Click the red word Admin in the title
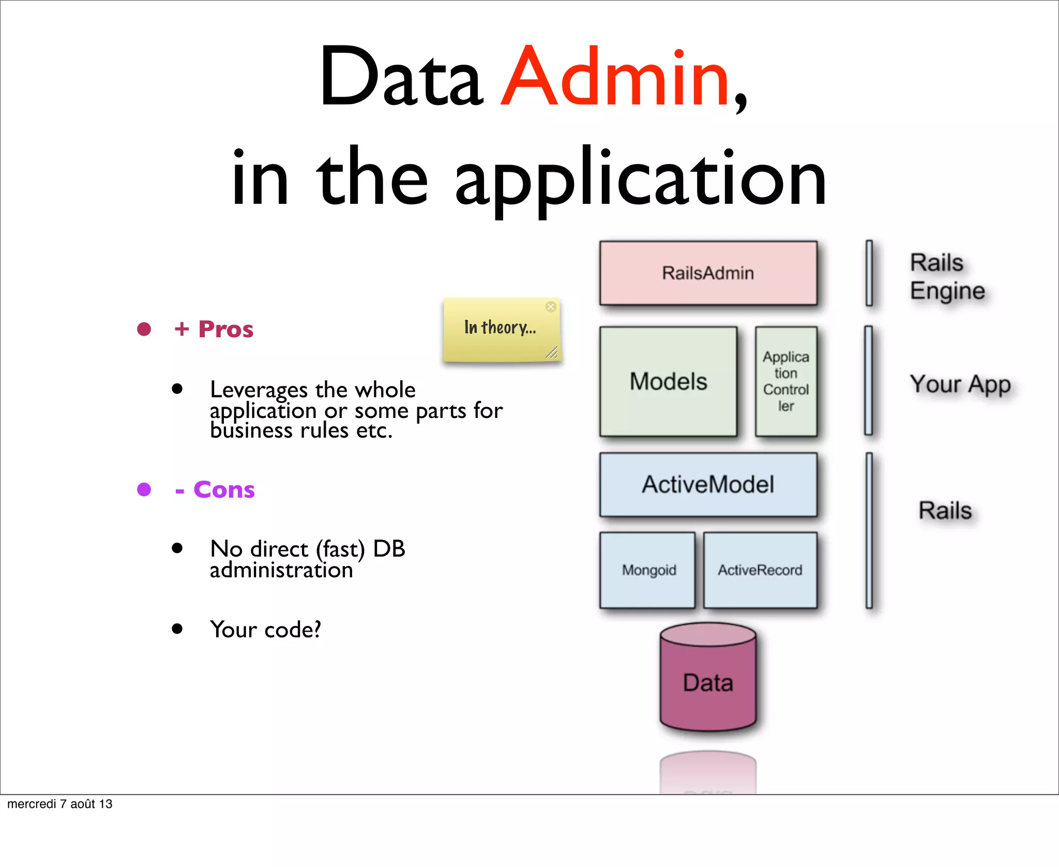[615, 78]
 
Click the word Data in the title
[401, 78]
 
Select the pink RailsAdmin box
[708, 273]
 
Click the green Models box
[668, 382]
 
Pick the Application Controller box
[785, 382]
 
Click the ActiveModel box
[708, 485]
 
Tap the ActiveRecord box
[760, 570]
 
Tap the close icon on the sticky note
[551, 307]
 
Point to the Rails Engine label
[946, 277]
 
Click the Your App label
[960, 384]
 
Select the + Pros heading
[214, 330]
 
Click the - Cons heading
[215, 490]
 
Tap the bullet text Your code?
[265, 630]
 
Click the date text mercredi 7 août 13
[60, 804]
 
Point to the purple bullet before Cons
[144, 489]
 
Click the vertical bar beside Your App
[869, 381]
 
